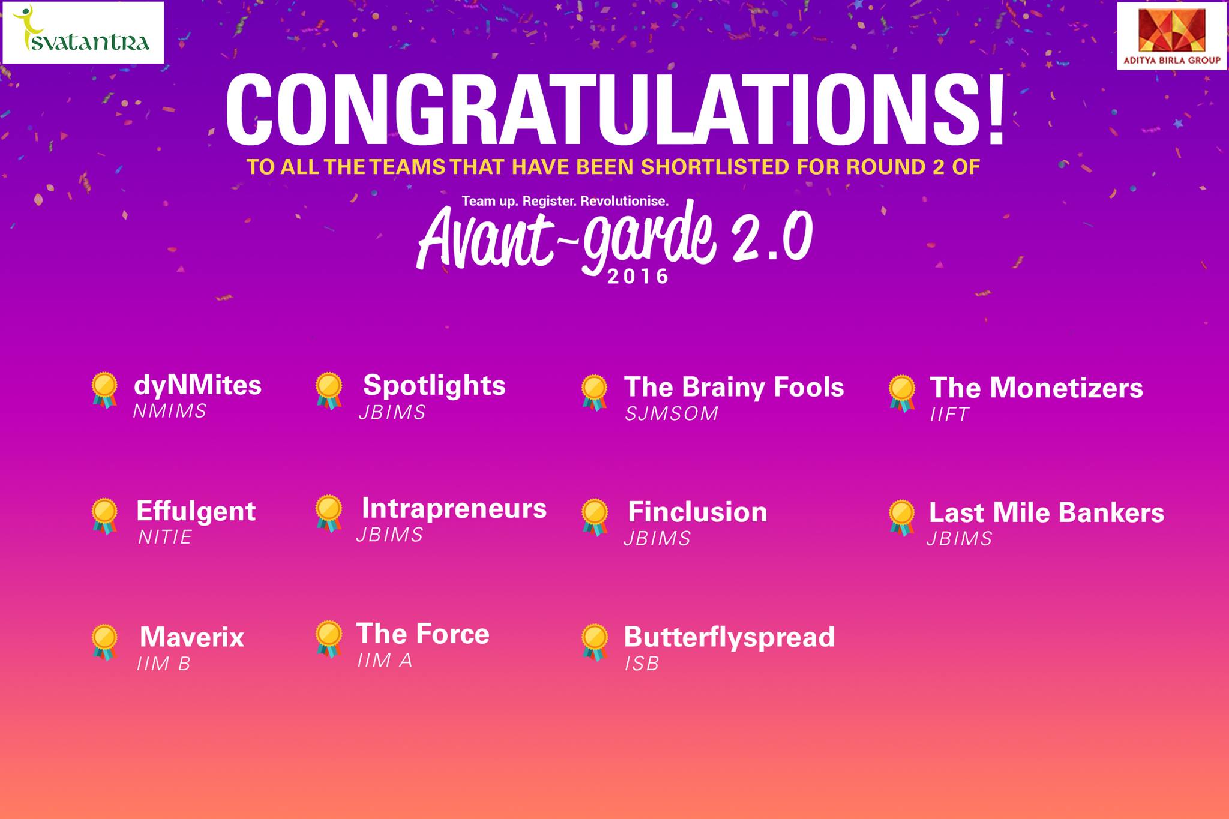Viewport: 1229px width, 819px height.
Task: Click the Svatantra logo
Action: coord(83,32)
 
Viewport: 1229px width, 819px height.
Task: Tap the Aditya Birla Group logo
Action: coord(1171,36)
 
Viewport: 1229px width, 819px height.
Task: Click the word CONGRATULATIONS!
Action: coord(615,110)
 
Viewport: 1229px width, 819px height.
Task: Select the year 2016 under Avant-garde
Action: coord(638,277)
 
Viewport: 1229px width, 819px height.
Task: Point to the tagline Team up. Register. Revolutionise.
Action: coord(565,201)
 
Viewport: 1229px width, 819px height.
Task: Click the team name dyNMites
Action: coord(197,385)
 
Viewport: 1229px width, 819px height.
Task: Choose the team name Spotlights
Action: coord(434,386)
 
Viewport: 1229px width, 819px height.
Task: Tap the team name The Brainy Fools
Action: coord(734,387)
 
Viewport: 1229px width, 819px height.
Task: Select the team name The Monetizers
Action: coord(1036,388)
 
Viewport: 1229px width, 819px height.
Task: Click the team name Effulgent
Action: coord(196,511)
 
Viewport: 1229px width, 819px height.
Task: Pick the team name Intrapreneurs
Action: coord(454,509)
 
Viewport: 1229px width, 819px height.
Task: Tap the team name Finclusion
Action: coord(697,512)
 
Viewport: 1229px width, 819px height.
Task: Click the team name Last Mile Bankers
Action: coord(1047,513)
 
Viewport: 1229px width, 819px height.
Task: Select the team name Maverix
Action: coord(192,637)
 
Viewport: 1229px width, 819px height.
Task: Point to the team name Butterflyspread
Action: coord(729,637)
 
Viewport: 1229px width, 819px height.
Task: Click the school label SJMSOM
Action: coord(672,414)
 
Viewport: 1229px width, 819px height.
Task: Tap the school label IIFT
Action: coord(949,415)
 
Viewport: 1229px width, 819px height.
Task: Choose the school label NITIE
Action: coord(165,537)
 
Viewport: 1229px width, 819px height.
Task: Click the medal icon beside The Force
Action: coord(329,639)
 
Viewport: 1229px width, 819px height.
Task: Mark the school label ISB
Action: coord(642,664)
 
